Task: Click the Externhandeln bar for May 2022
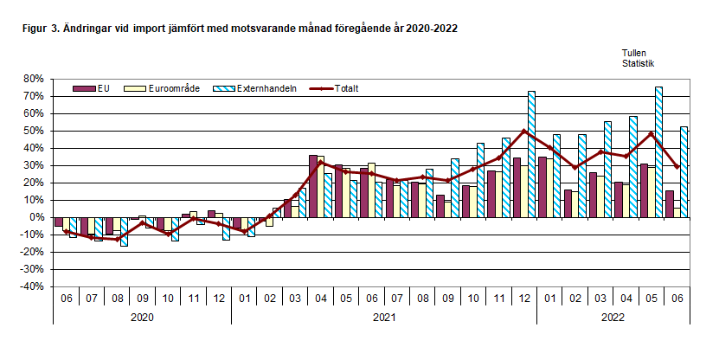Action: pos(659,151)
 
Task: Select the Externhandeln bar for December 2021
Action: pos(532,154)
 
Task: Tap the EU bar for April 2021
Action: pos(313,186)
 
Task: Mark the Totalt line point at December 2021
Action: pos(524,131)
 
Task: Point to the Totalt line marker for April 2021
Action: pos(321,162)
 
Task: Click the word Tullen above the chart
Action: pos(634,53)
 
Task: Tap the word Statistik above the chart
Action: pos(638,62)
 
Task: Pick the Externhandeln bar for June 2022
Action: pos(684,172)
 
